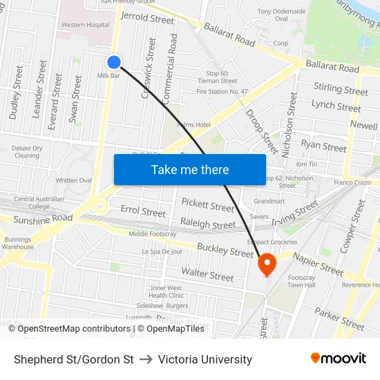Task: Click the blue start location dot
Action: click(x=115, y=62)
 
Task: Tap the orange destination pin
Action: click(x=266, y=263)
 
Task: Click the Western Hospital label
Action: click(x=85, y=25)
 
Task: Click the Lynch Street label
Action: click(x=336, y=105)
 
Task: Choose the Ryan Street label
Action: click(x=323, y=146)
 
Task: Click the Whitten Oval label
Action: click(x=74, y=180)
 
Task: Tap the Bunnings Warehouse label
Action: click(x=17, y=242)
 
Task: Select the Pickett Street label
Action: click(x=208, y=205)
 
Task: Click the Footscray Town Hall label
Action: click(x=301, y=281)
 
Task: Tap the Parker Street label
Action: click(x=339, y=319)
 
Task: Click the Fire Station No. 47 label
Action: click(x=222, y=91)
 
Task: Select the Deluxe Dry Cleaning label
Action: click(x=27, y=152)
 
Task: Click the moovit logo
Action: click(x=338, y=358)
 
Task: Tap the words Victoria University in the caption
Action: click(x=205, y=359)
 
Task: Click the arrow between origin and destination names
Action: click(x=146, y=359)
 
